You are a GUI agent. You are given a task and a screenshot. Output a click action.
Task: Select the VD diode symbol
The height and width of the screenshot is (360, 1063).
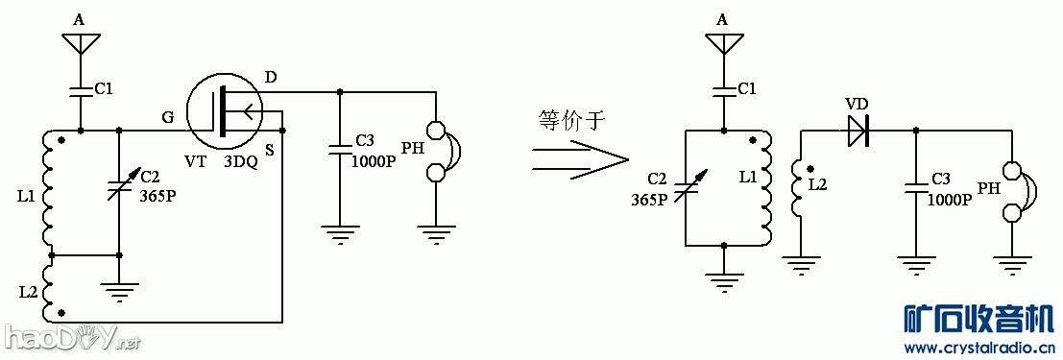coord(858,131)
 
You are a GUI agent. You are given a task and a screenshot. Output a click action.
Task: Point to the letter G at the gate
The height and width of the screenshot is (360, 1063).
coord(167,117)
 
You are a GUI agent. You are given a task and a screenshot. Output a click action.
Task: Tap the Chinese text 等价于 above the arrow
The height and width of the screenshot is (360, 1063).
coord(572,120)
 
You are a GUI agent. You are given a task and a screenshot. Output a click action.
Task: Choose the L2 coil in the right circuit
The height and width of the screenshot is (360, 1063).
coord(796,188)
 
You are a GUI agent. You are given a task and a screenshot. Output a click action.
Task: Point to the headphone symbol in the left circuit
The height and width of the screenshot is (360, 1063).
coord(441,151)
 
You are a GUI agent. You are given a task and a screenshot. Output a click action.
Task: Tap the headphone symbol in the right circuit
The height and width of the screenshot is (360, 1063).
coord(1017,189)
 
